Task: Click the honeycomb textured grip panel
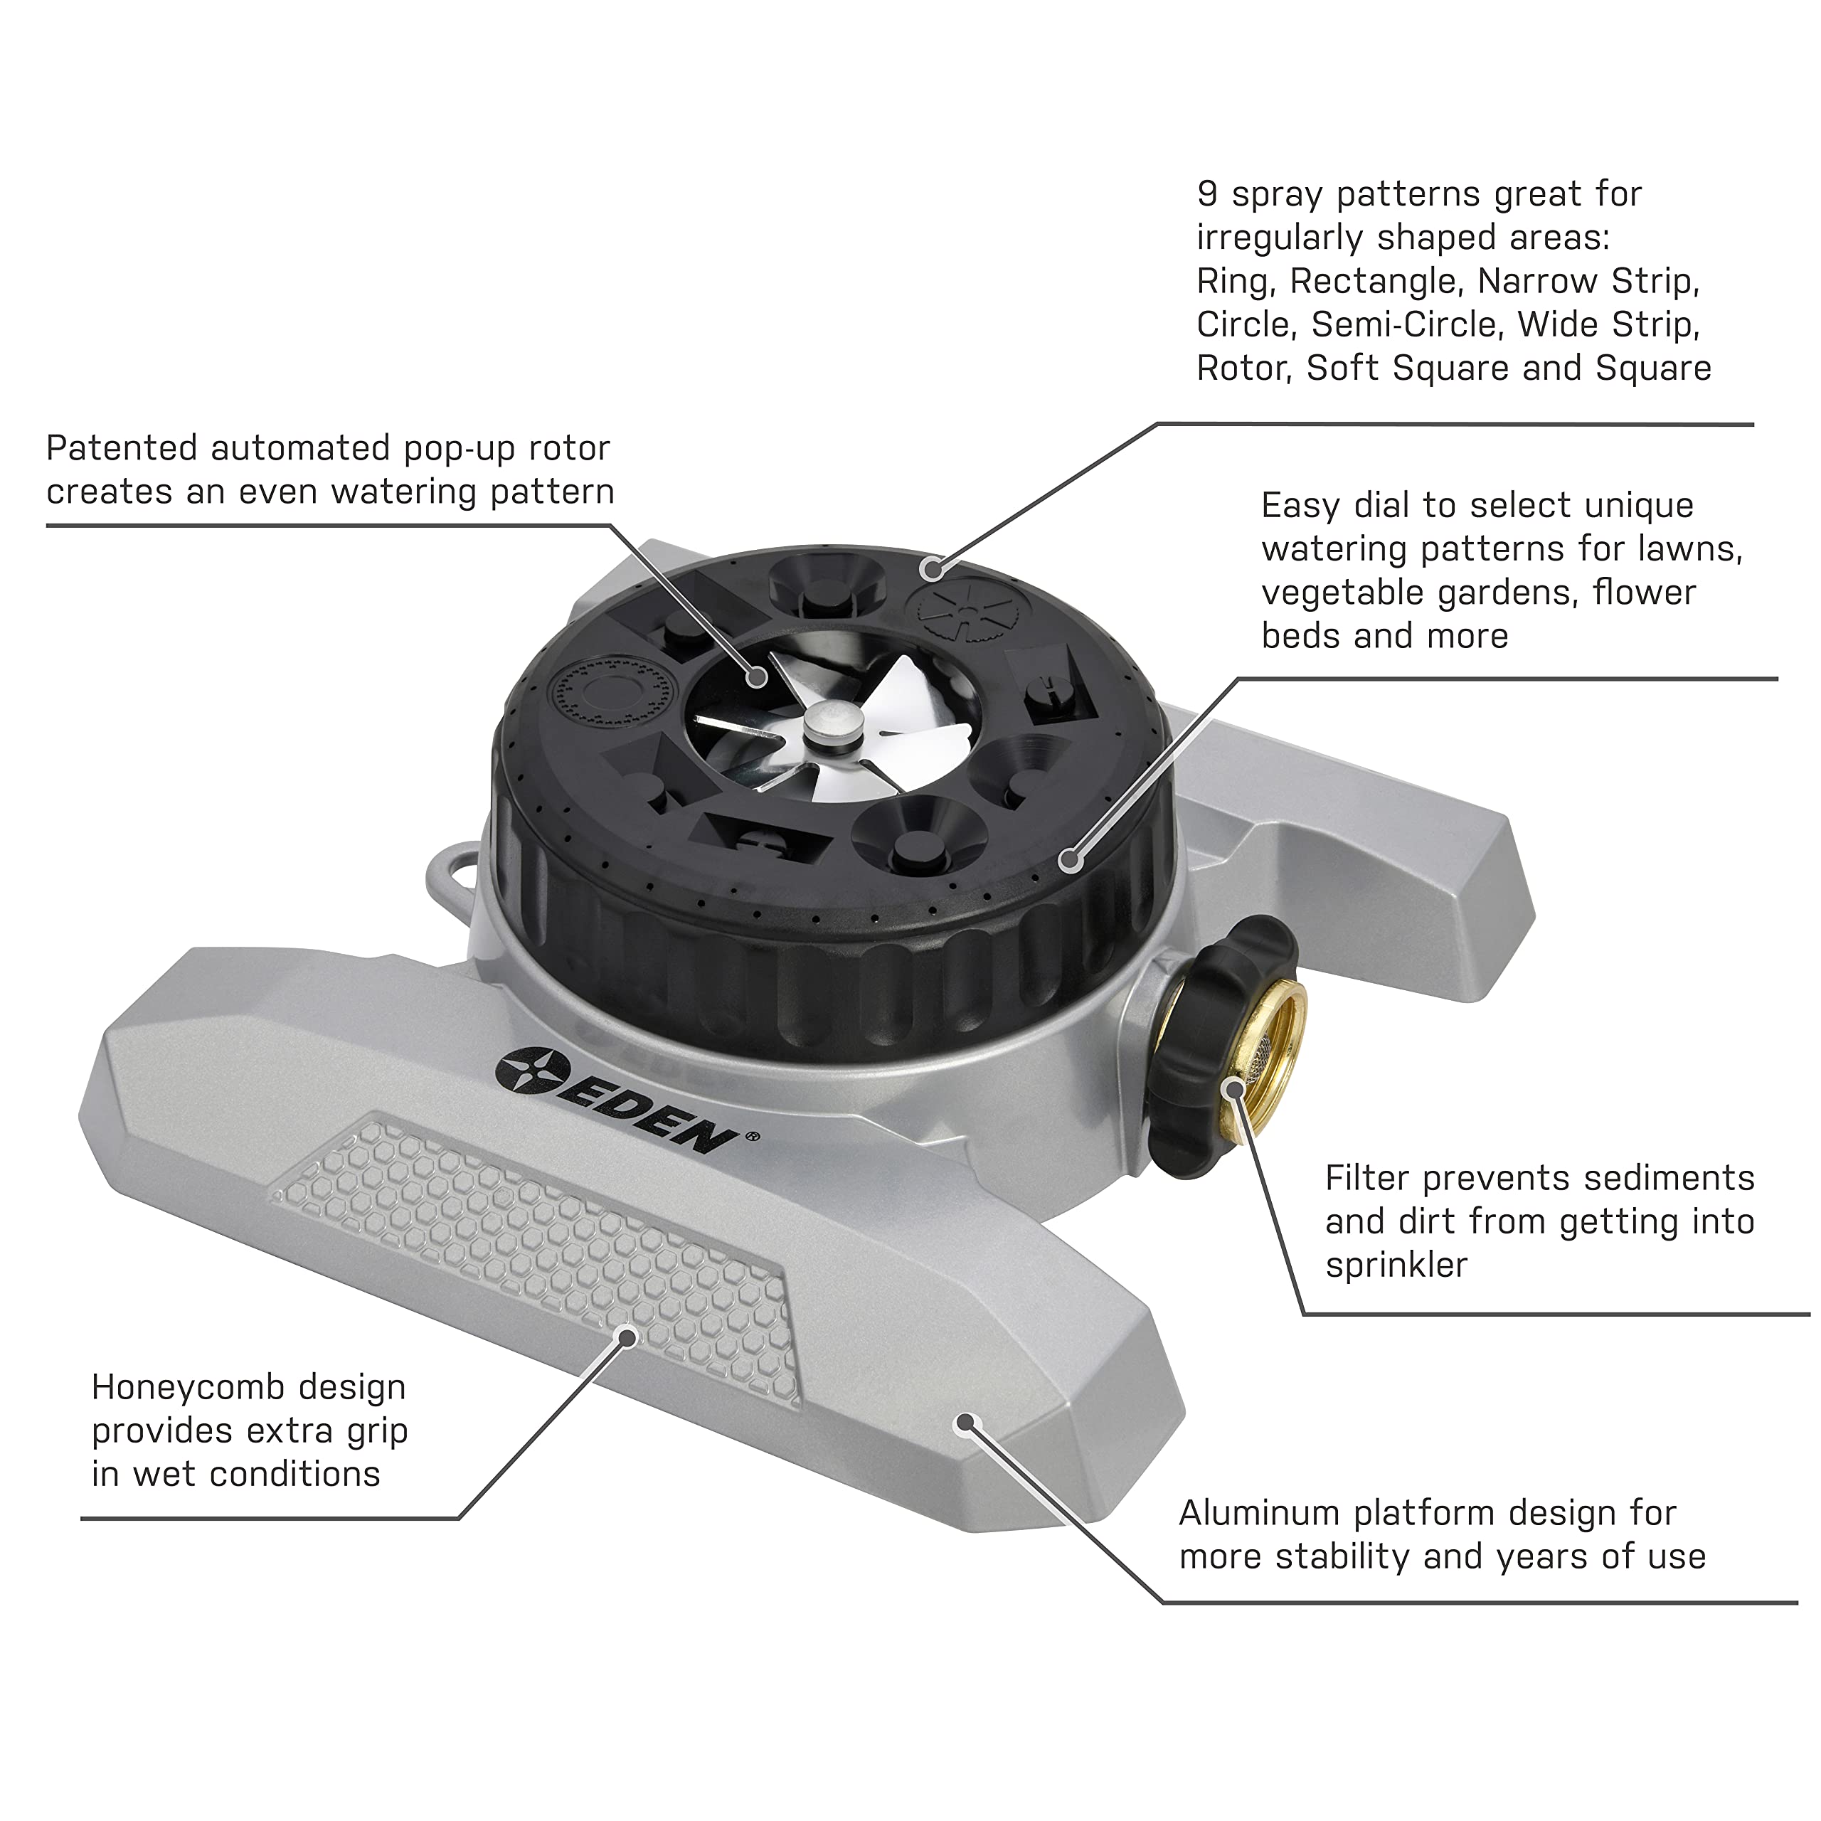coord(537,1253)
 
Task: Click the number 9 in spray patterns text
coord(1207,194)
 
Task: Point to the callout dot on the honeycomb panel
coord(627,1337)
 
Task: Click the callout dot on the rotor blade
coord(757,676)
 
